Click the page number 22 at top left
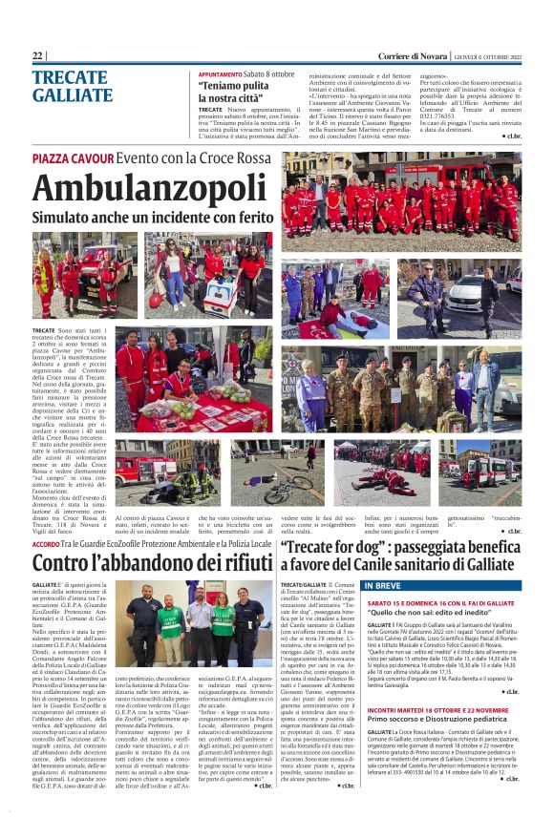pyautogui.click(x=37, y=56)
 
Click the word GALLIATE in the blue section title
pyautogui.click(x=72, y=95)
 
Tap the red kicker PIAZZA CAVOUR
pyautogui.click(x=73, y=157)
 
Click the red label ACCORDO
pyautogui.click(x=46, y=542)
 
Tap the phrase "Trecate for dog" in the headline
pyautogui.click(x=330, y=546)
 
